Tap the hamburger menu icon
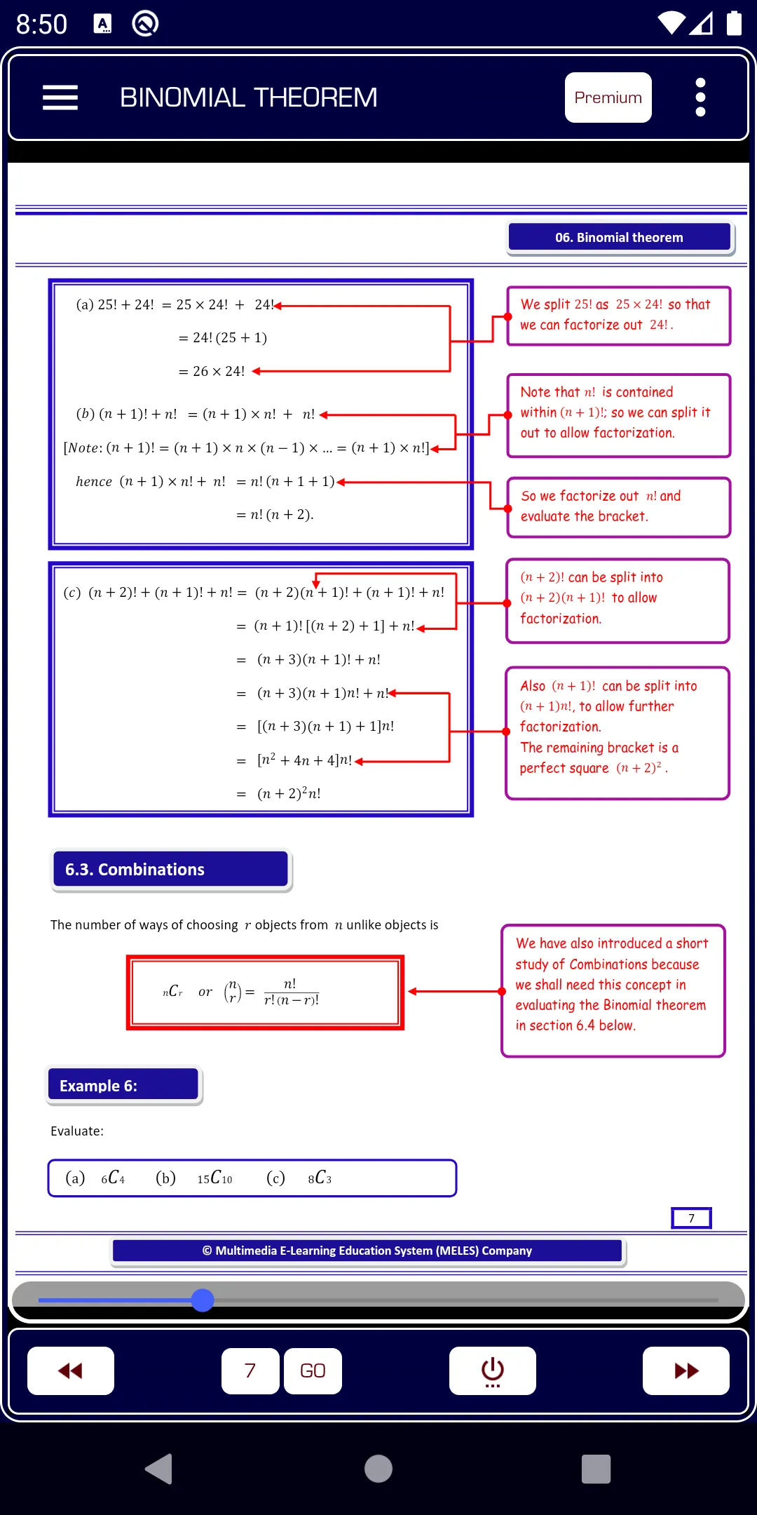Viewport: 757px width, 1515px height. coord(60,97)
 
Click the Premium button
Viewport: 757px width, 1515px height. coord(608,97)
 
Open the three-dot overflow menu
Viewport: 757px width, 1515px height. coord(700,97)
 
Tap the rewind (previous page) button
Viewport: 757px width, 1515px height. coord(71,1371)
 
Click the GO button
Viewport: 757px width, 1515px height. coord(313,1371)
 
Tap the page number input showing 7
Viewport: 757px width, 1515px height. coord(250,1371)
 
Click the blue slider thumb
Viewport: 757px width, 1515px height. coord(203,1300)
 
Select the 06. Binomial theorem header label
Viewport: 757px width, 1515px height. coord(620,238)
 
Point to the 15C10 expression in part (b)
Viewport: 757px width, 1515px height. coord(214,1178)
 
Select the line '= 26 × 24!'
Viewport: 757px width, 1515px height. coord(212,371)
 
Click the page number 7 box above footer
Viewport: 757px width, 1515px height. coord(691,1218)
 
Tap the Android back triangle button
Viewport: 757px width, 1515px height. coord(159,1469)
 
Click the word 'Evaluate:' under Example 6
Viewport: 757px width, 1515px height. coord(77,1131)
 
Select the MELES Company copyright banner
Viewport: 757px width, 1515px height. coord(367,1251)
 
